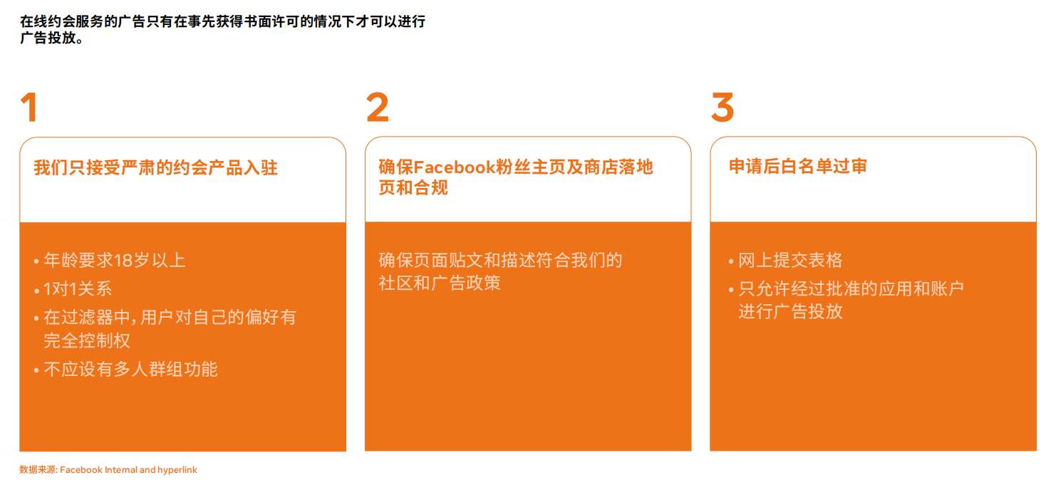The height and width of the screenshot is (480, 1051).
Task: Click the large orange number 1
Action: (29, 107)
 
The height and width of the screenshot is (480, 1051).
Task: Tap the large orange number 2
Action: (377, 107)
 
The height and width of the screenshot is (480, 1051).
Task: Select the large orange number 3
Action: (723, 107)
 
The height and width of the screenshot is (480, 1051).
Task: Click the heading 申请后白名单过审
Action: (797, 167)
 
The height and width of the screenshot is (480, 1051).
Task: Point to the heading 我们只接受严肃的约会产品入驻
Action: (156, 167)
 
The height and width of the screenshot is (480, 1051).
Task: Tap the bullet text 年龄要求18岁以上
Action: (115, 260)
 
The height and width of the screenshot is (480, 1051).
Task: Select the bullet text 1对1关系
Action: (78, 288)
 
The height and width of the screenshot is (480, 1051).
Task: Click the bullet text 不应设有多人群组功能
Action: (131, 370)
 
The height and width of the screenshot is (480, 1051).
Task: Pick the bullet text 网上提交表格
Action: (791, 260)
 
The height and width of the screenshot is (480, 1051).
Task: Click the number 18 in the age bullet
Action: (123, 261)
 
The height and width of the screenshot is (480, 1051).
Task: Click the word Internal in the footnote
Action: (121, 470)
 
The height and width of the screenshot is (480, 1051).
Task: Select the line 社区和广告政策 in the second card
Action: (440, 283)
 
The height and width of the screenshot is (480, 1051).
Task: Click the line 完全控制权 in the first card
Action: (87, 340)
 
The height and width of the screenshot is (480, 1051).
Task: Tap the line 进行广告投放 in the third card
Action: (791, 311)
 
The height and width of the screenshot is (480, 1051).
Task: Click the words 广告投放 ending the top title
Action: (48, 38)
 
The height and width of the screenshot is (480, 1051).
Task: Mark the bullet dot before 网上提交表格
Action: (731, 261)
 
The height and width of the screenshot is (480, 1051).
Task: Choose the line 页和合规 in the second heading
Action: (413, 188)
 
